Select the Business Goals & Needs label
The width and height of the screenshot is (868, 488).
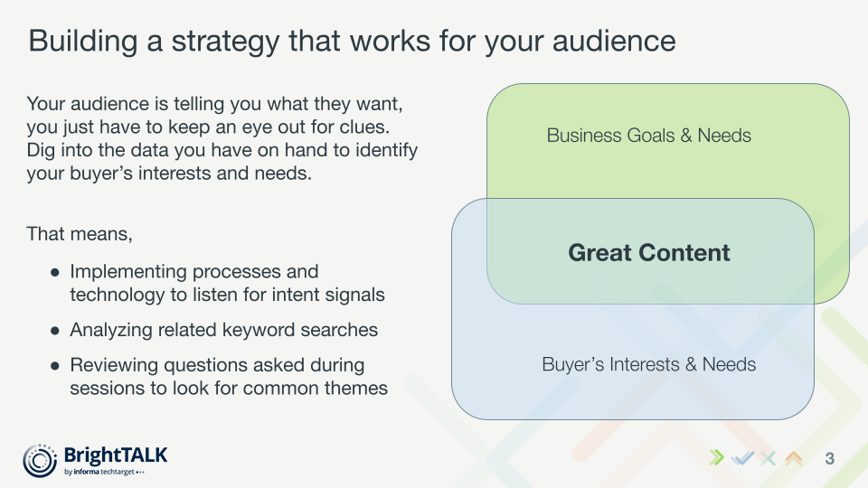click(649, 136)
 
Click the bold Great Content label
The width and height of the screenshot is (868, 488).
click(649, 253)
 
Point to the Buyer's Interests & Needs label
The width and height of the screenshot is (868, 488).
click(649, 365)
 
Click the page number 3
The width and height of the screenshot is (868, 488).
click(829, 459)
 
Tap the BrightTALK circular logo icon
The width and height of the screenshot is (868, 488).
click(40, 460)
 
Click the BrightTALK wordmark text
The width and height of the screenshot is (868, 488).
click(116, 455)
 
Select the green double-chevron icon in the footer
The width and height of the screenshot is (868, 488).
click(717, 458)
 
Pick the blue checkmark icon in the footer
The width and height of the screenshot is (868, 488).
click(742, 458)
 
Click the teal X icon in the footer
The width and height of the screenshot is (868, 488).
click(769, 458)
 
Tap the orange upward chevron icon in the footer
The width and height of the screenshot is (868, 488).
click(794, 458)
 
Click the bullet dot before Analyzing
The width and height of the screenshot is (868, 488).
click(56, 330)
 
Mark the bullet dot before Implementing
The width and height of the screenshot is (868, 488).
click(56, 271)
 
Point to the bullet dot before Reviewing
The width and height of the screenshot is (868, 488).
click(56, 366)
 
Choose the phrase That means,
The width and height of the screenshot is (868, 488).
click(80, 234)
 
